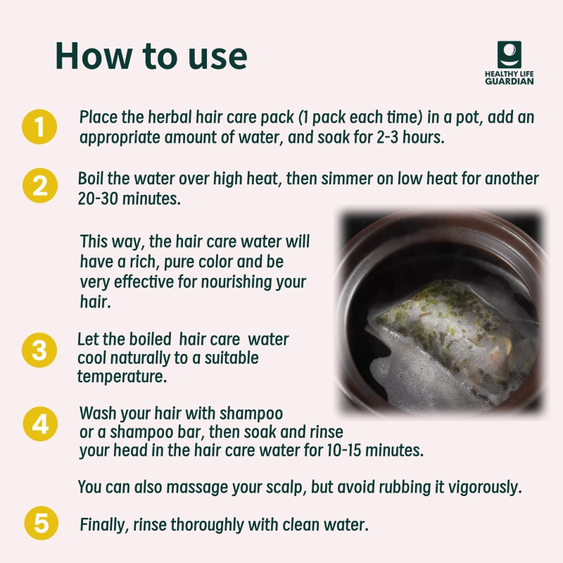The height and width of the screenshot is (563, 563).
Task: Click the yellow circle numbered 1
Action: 39,127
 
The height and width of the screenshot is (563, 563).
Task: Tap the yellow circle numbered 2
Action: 40,186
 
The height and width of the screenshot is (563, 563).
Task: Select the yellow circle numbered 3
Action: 39,350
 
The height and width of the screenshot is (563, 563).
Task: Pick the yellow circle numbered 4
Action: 40,424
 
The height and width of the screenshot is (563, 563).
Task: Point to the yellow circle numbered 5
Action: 42,523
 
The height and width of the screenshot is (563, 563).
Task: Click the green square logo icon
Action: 509,55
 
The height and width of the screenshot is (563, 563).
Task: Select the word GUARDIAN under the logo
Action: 509,81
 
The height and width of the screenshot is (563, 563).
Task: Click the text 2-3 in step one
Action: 388,137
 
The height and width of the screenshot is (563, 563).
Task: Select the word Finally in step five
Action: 104,525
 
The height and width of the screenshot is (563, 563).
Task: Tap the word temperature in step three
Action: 122,377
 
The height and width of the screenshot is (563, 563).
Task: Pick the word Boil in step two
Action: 91,179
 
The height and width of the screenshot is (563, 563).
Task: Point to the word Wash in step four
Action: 98,413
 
